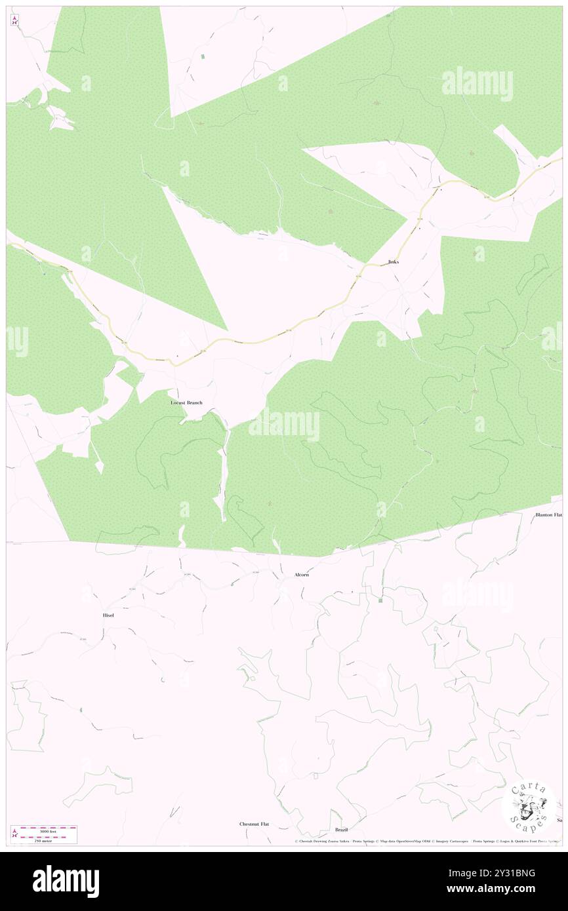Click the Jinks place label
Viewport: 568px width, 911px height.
(x=393, y=262)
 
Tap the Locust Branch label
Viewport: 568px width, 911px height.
(x=186, y=402)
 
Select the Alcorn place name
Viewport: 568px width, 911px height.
(x=302, y=575)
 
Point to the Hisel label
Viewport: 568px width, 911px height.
(x=108, y=615)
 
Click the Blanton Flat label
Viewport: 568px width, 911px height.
(x=548, y=515)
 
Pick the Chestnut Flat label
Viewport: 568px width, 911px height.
(x=254, y=824)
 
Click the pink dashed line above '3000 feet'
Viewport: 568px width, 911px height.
(x=49, y=827)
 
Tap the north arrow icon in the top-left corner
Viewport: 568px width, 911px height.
(x=14, y=20)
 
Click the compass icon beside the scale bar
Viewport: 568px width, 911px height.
(x=14, y=834)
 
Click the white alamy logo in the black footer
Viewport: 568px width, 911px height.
(x=66, y=882)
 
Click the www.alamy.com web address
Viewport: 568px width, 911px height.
(x=510, y=889)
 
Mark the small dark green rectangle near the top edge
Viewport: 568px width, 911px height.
(x=203, y=58)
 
